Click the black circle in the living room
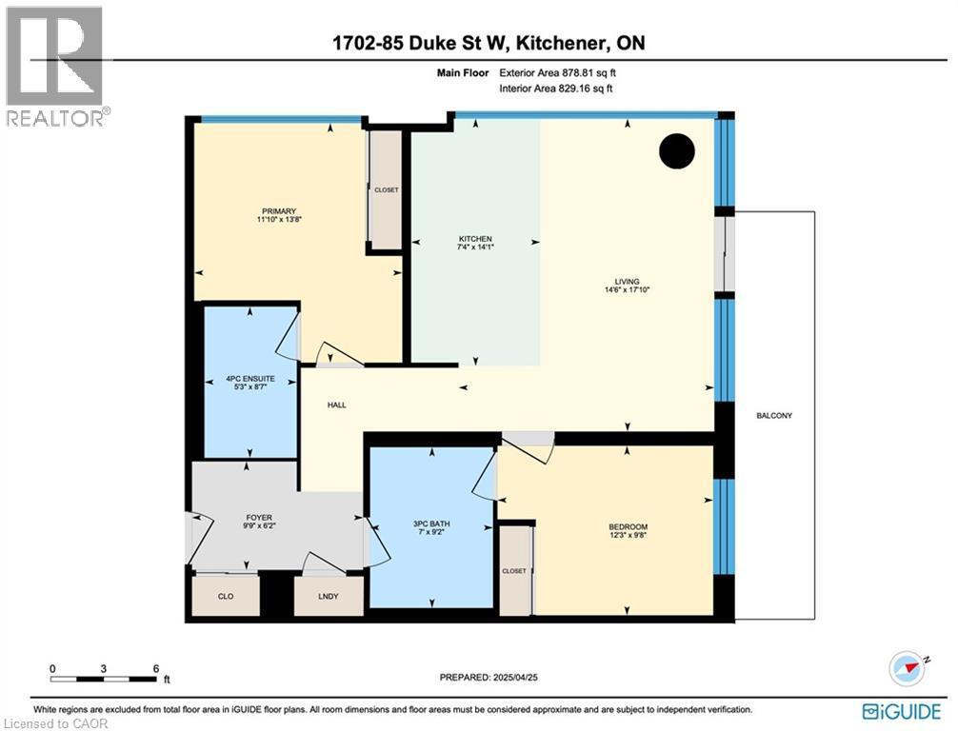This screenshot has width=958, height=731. (677, 150)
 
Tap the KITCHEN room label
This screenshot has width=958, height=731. (475, 239)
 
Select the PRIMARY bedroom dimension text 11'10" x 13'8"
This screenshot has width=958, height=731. (279, 219)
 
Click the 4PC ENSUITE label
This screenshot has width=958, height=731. (250, 379)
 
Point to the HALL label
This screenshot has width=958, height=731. (337, 405)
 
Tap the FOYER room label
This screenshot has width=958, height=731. (259, 517)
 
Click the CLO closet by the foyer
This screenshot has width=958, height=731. (226, 596)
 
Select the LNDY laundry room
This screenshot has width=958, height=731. (329, 596)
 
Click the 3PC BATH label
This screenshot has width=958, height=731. (431, 524)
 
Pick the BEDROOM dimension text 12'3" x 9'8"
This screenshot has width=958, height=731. (629, 535)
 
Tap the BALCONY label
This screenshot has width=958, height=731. (774, 415)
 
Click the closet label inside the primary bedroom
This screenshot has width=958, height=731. (386, 190)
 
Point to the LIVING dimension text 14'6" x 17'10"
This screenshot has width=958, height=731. (627, 290)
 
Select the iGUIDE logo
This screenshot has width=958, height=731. (902, 711)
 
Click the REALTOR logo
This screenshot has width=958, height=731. (55, 66)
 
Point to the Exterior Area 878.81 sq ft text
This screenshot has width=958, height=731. (558, 72)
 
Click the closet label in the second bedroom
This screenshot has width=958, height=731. (514, 571)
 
